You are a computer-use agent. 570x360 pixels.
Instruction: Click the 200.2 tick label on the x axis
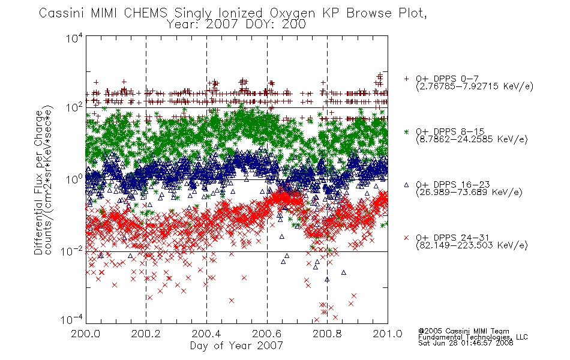(x=146, y=334)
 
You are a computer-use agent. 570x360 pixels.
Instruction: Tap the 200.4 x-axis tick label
(x=206, y=334)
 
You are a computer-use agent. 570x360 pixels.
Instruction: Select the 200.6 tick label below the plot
(x=267, y=334)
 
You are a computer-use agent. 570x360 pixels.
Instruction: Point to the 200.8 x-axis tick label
(x=327, y=334)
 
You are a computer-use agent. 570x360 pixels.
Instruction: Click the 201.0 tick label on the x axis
(x=388, y=334)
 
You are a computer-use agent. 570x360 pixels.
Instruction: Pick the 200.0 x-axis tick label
(x=86, y=334)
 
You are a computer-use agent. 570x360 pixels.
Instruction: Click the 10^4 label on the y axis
(x=74, y=38)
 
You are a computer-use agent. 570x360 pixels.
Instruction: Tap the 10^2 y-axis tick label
(x=74, y=107)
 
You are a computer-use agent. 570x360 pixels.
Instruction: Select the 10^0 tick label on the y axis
(x=74, y=179)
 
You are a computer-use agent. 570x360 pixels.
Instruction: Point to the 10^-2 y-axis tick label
(x=72, y=251)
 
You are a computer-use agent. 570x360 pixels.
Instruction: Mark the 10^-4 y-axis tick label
(x=72, y=319)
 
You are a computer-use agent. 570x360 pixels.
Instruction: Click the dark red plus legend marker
(x=406, y=79)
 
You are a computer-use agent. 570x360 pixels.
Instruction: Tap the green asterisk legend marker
(x=406, y=131)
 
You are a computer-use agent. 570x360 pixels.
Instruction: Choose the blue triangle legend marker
(x=406, y=185)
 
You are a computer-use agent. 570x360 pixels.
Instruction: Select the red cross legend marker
(x=406, y=238)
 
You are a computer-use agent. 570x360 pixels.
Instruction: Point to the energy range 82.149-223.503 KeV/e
(x=472, y=245)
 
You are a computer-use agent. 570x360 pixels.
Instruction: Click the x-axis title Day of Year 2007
(x=236, y=346)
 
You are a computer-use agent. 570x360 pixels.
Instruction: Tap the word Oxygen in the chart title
(x=293, y=13)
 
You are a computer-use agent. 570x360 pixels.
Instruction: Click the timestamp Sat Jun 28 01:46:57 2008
(x=466, y=343)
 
